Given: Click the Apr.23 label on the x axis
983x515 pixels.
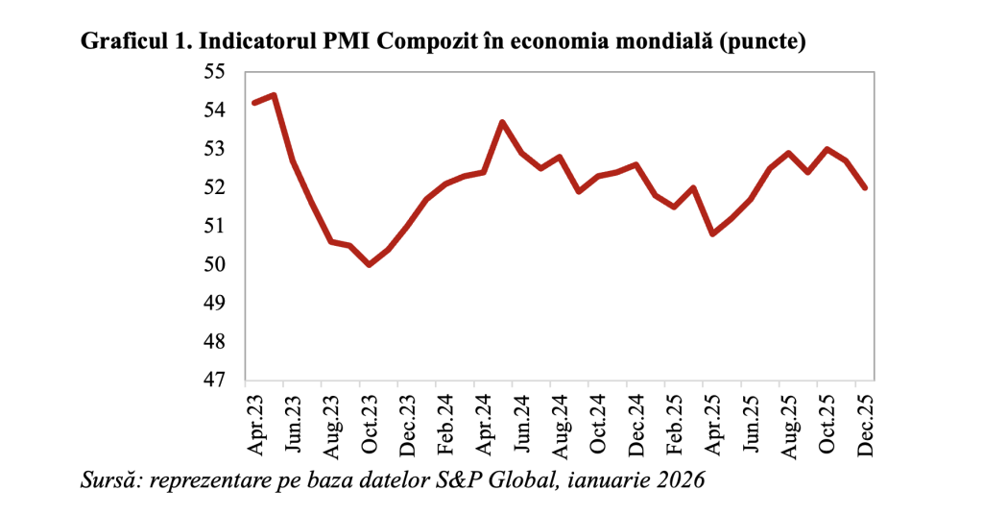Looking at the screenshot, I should [x=256, y=422].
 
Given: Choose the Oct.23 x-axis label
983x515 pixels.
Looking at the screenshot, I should [x=369, y=422].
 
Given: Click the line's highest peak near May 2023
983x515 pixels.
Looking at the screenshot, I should [x=275, y=95].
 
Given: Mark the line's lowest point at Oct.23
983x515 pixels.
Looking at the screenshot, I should [x=370, y=264].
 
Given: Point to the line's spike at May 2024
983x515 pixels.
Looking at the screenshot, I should [x=502, y=122].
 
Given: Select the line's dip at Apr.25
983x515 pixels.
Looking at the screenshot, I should [x=712, y=233].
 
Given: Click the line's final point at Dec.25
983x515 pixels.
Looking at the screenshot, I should [x=865, y=187].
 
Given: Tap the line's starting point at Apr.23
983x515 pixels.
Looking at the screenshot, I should [x=254, y=103].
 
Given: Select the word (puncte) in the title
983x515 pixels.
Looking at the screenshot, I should [x=767, y=42].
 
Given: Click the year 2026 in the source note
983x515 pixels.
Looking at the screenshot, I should [x=683, y=479].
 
